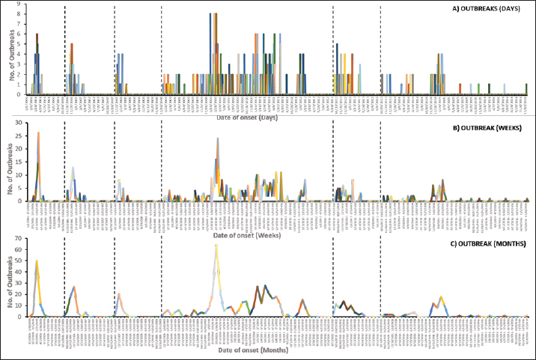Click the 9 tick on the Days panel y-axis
(18, 4)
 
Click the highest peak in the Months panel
(216, 245)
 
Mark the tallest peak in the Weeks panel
(218, 138)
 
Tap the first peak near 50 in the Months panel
(37, 260)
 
